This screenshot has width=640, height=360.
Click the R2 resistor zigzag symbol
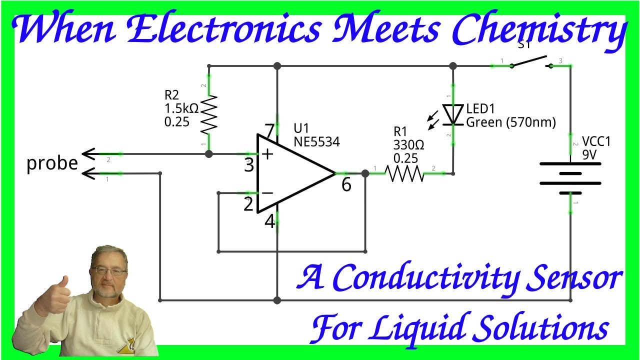pyautogui.click(x=209, y=115)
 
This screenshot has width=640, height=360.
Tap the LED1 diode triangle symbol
pyautogui.click(x=453, y=114)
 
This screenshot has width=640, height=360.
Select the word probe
pyautogui.click(x=52, y=163)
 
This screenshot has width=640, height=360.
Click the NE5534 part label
pyautogui.click(x=316, y=142)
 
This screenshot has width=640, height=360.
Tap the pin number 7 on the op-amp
pyautogui.click(x=270, y=131)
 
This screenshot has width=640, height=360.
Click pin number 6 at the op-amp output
pyautogui.click(x=346, y=185)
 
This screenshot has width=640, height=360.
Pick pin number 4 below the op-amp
pyautogui.click(x=270, y=221)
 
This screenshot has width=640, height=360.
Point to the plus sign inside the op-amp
pyautogui.click(x=268, y=154)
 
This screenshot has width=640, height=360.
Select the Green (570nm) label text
pyautogui.click(x=510, y=122)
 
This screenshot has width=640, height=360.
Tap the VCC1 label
pyautogui.click(x=596, y=142)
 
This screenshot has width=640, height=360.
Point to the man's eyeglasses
pyautogui.click(x=108, y=271)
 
